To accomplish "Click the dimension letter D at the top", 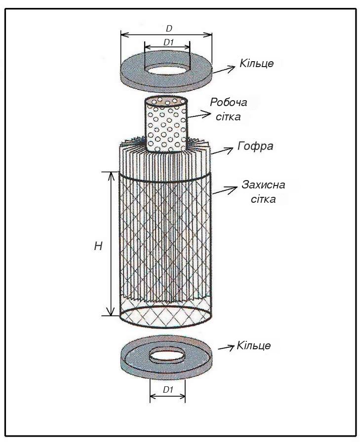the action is coord(169,28).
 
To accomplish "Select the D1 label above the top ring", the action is coord(169,42).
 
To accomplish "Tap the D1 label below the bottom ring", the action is coord(168,390).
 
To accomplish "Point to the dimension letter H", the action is coord(98,246).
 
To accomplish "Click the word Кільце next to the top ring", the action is coord(256,63).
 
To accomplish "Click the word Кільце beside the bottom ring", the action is coord(253,345).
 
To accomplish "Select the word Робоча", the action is coord(229,102).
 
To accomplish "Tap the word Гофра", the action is coord(255,146).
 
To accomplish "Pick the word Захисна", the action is coord(263,185).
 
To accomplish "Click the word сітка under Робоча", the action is coord(228,116).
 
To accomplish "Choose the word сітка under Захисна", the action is coord(263,199).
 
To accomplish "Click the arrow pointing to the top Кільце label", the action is coord(224,70).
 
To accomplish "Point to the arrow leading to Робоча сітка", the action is coord(200,114).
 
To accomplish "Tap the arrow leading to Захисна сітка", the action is coord(225,190).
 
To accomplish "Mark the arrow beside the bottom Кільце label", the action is coord(227,347).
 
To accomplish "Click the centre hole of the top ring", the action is coord(166,69).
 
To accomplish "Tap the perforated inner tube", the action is coord(166,125).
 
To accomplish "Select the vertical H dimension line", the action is coord(111,244).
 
